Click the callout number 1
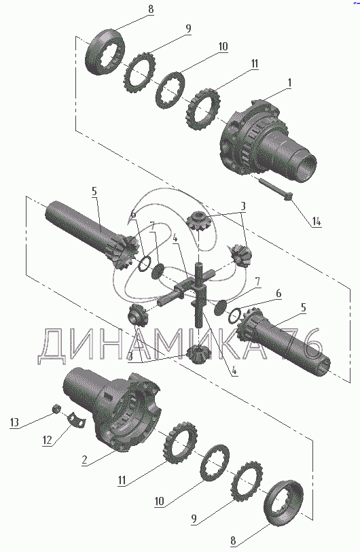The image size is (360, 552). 289,83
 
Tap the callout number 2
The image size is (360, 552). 84,460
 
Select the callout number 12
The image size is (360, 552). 47,440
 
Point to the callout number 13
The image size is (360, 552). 14,422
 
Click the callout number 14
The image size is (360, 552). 316,222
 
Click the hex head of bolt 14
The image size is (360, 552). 287,196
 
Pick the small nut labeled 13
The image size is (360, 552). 55,409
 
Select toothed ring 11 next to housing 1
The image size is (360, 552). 202,109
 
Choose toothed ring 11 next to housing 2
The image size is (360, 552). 179,443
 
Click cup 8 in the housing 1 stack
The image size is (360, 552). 105,52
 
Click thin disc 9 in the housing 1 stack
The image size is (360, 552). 140,73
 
